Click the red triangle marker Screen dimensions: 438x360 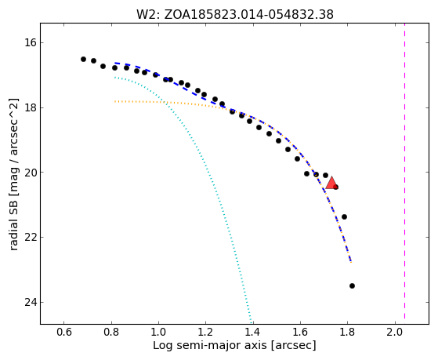click(331, 184)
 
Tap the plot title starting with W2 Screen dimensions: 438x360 click(234, 14)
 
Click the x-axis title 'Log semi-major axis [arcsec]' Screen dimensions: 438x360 click(234, 345)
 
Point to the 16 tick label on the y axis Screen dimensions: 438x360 click(30, 43)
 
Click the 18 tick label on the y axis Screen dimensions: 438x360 click(30, 107)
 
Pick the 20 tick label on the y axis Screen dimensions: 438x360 click(30, 173)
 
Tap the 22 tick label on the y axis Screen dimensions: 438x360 click(30, 238)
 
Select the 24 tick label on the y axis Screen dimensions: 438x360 click(30, 303)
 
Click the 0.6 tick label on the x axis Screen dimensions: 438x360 click(64, 333)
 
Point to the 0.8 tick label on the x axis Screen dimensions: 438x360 click(111, 333)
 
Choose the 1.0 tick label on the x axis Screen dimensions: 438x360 click(158, 333)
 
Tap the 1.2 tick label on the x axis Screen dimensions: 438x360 click(205, 333)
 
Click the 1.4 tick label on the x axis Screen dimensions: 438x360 click(253, 333)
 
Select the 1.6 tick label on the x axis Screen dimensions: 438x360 click(300, 333)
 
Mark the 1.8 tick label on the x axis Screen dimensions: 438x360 click(347, 333)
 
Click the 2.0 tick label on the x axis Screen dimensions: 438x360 click(395, 333)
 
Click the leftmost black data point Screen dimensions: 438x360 click(83, 59)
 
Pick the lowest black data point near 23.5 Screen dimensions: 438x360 click(352, 285)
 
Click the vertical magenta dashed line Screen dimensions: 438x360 click(404, 171)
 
